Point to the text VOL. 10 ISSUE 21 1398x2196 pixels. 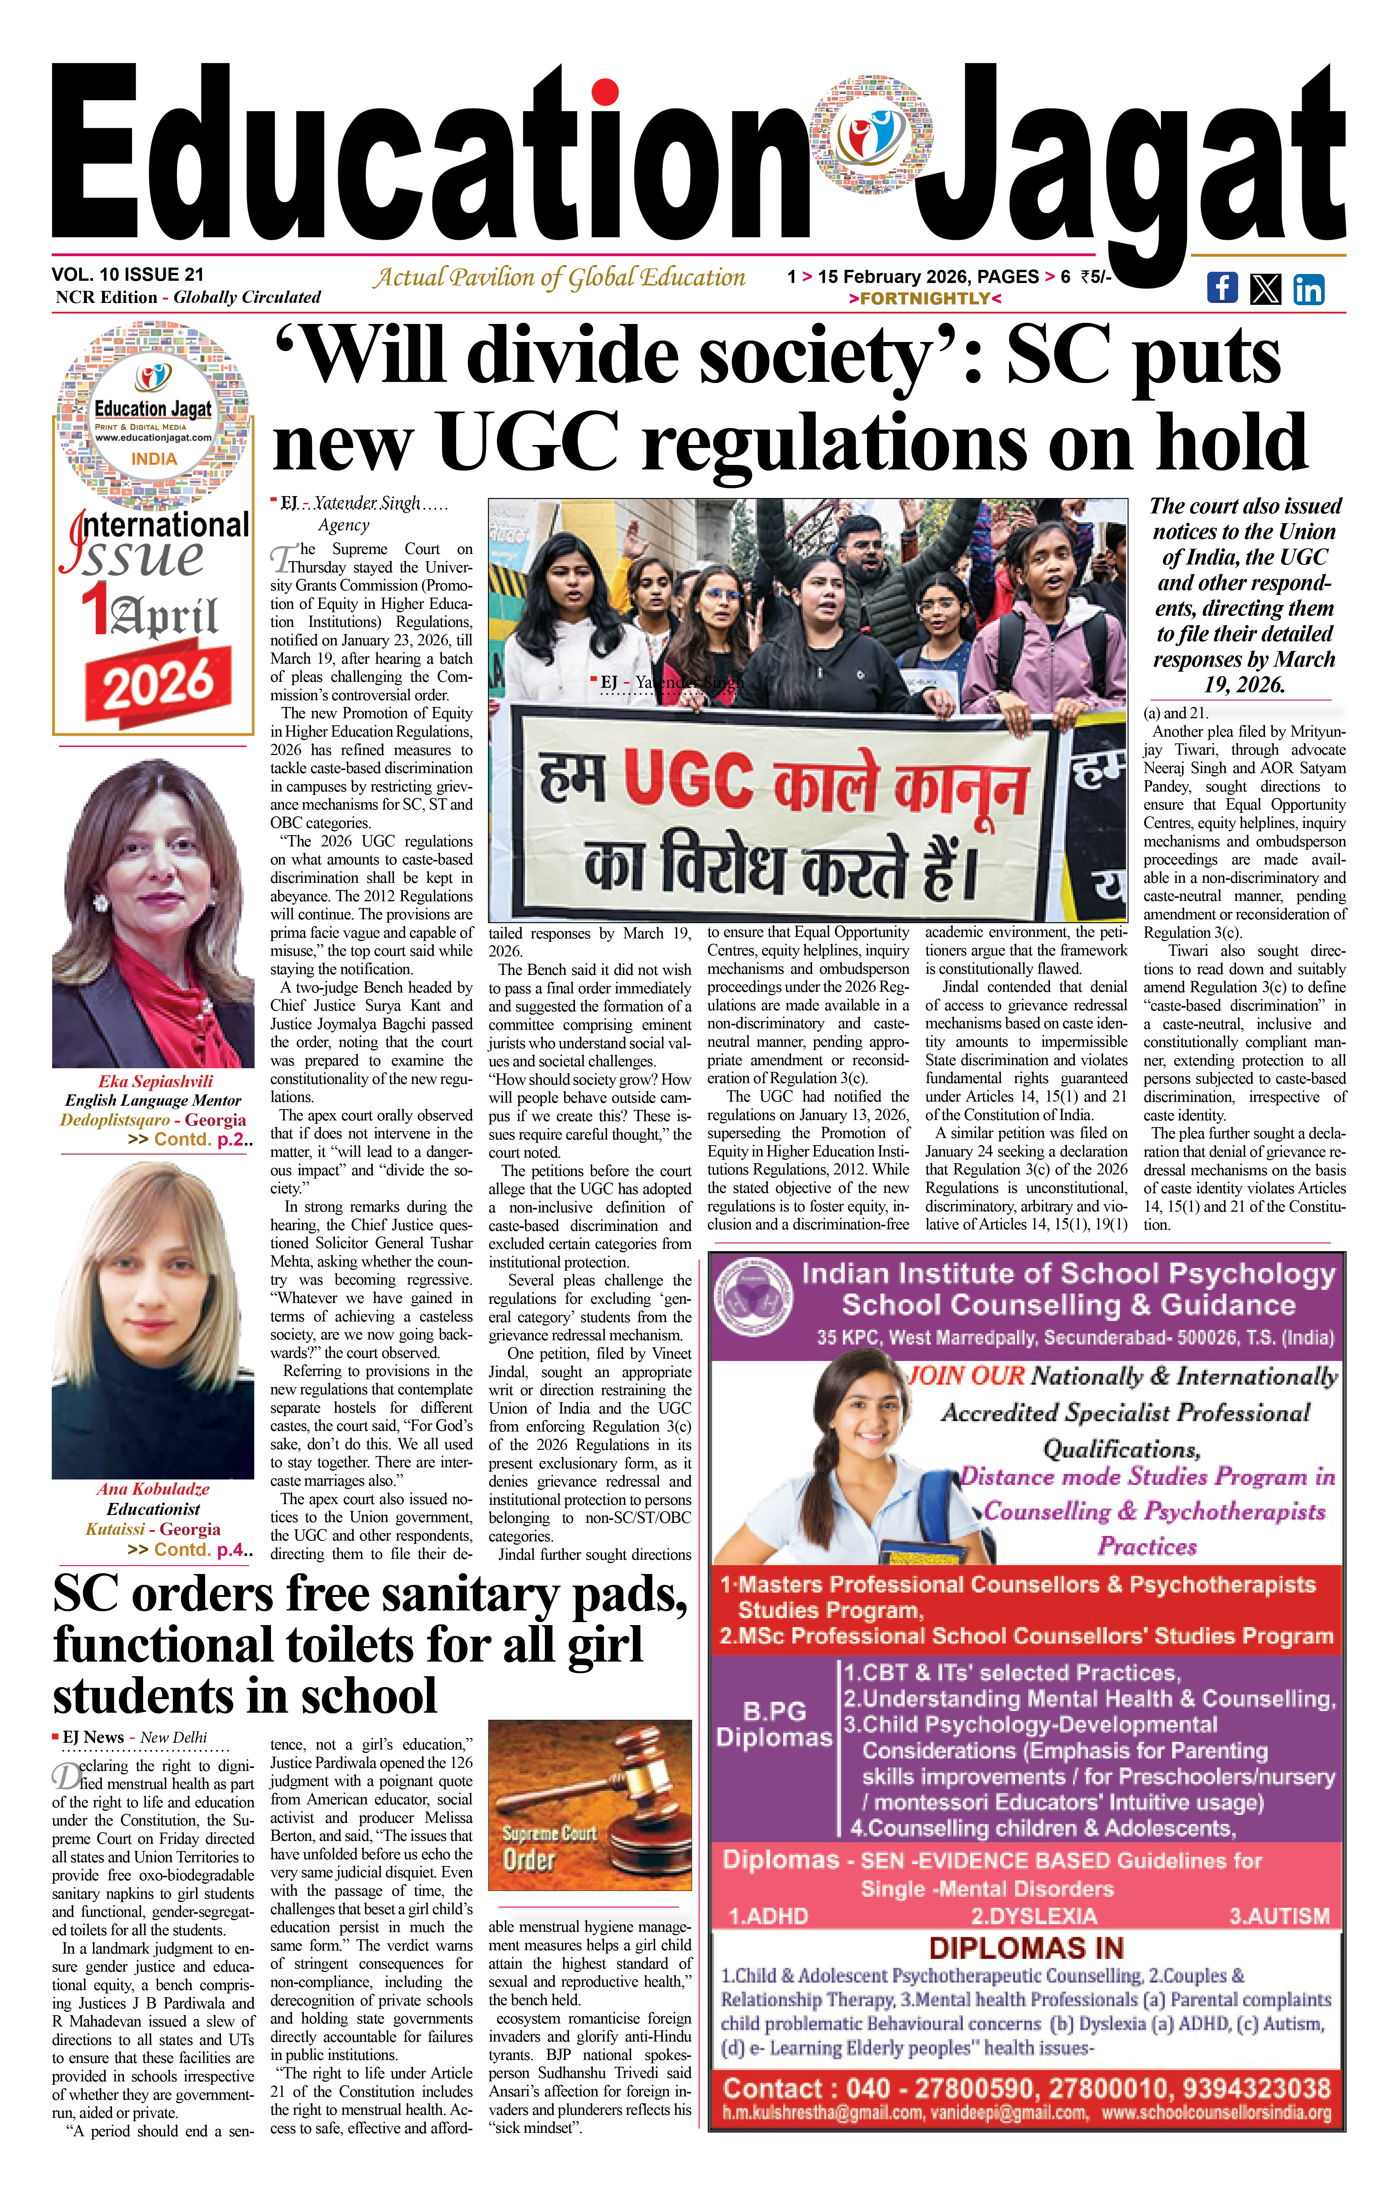pos(128,274)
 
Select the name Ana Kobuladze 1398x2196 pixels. pos(153,1489)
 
